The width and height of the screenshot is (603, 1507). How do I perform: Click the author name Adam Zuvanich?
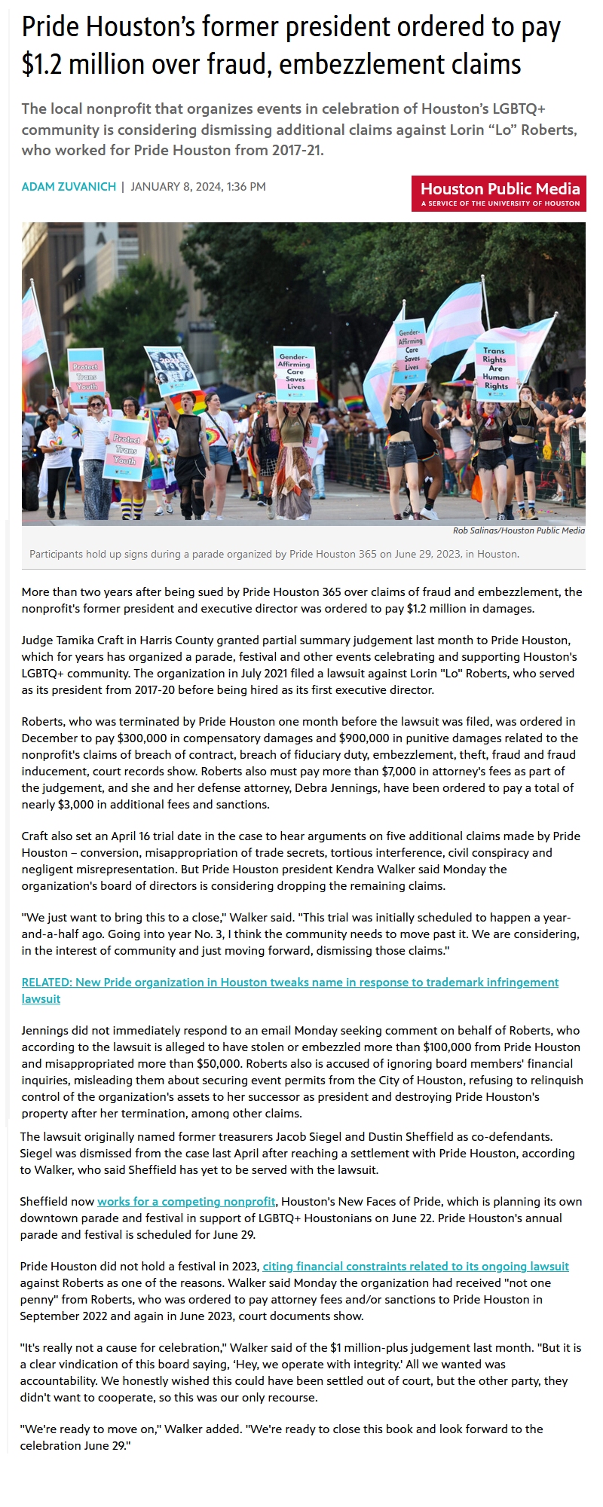click(x=69, y=187)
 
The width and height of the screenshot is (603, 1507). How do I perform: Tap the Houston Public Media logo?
click(x=499, y=193)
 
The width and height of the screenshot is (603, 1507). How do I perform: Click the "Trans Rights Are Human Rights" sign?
click(x=495, y=369)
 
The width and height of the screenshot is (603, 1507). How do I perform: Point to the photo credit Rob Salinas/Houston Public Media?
click(x=519, y=530)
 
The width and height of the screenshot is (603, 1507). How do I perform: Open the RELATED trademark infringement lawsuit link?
click(x=290, y=990)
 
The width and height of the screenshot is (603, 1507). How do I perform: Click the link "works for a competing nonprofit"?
click(x=186, y=1201)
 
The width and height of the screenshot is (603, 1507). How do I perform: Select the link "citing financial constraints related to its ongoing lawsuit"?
click(x=415, y=1266)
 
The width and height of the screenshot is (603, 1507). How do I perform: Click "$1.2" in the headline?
click(x=43, y=65)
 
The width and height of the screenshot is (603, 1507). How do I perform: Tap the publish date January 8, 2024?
click(x=176, y=187)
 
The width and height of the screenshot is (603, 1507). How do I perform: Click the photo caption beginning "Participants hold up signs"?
click(x=274, y=554)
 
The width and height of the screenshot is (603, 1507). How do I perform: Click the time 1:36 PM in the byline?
click(x=246, y=187)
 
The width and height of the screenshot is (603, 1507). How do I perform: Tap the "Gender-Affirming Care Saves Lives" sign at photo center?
click(x=294, y=371)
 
